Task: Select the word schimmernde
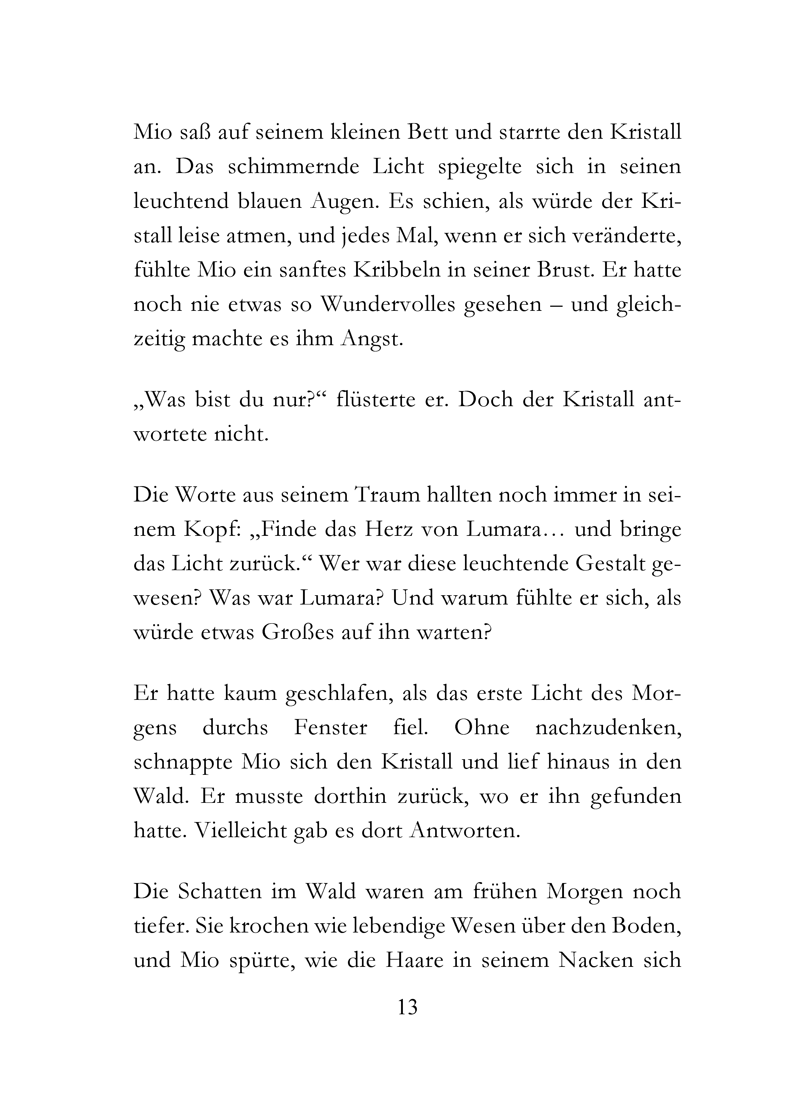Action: click(x=294, y=167)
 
